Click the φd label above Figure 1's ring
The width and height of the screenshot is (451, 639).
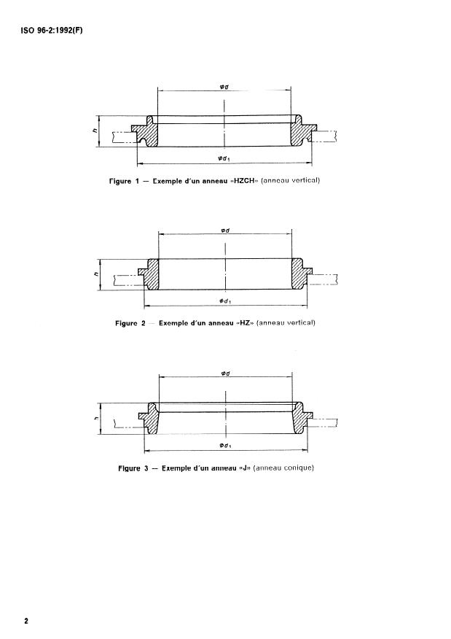pos(224,85)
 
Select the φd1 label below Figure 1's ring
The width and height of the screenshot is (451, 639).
pos(224,155)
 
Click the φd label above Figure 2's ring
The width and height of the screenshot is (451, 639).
pos(224,229)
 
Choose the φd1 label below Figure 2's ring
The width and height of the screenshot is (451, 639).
pos(224,299)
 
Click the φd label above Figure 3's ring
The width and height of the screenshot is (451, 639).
pos(224,373)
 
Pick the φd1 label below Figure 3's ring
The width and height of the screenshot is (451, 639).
pos(224,444)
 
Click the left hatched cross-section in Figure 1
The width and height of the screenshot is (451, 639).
pos(149,132)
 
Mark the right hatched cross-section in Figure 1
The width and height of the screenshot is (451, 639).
pos(299,132)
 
